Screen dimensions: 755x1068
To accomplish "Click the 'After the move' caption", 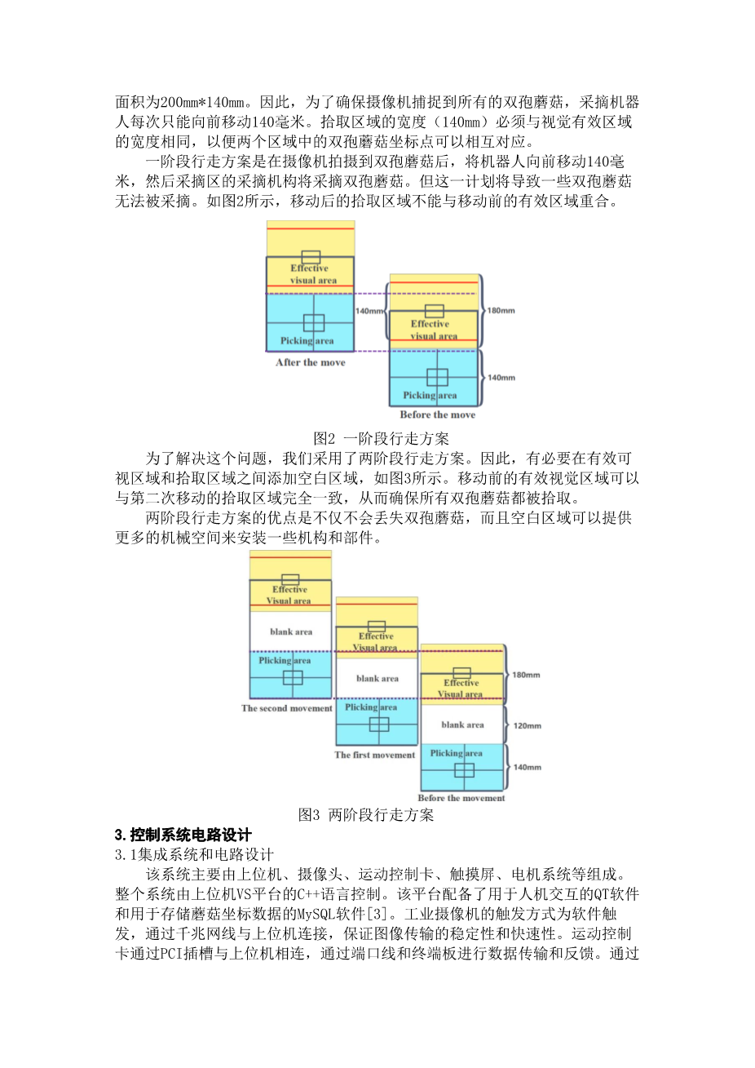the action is click(x=311, y=362).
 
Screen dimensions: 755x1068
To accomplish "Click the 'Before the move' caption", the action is click(x=438, y=414).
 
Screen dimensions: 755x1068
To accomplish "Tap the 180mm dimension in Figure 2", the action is click(x=501, y=310).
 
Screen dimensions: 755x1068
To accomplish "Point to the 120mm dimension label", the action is click(x=528, y=725).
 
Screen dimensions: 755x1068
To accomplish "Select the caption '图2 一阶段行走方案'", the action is click(x=381, y=438).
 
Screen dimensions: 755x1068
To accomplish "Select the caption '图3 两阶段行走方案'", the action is click(x=366, y=815).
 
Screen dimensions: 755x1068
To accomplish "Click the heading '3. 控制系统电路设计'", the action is click(x=183, y=835).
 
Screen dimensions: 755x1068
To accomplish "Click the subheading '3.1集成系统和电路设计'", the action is click(x=194, y=854).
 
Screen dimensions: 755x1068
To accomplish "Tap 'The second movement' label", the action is click(x=287, y=708).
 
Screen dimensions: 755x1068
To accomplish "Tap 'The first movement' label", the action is click(x=375, y=755).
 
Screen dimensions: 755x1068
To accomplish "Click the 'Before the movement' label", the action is click(x=461, y=798).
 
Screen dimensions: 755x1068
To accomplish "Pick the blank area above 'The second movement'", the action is click(x=291, y=631).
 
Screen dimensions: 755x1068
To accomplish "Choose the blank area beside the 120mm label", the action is click(x=462, y=725).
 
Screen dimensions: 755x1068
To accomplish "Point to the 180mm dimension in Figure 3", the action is click(x=526, y=675).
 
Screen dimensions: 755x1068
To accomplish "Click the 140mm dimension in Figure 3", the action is click(x=528, y=767).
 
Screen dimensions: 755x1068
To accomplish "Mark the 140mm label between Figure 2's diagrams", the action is click(x=369, y=311).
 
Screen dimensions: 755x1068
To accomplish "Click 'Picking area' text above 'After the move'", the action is click(x=307, y=341).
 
